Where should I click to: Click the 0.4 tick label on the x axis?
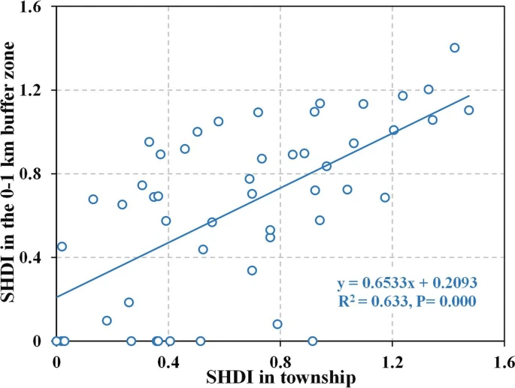tap(168, 357)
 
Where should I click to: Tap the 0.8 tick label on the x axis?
tap(280, 357)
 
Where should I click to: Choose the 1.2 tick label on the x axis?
tap(392, 357)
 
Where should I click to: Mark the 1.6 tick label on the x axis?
tap(504, 357)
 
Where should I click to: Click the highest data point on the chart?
tap(454, 48)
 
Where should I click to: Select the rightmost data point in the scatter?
tap(468, 110)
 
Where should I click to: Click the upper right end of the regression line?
tap(468, 96)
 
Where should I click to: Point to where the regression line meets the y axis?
tap(56, 297)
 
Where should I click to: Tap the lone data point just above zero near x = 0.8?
tap(277, 324)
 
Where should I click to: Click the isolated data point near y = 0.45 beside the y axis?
tap(62, 246)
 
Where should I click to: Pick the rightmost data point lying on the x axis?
tap(313, 341)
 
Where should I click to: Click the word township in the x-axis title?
tap(315, 377)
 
